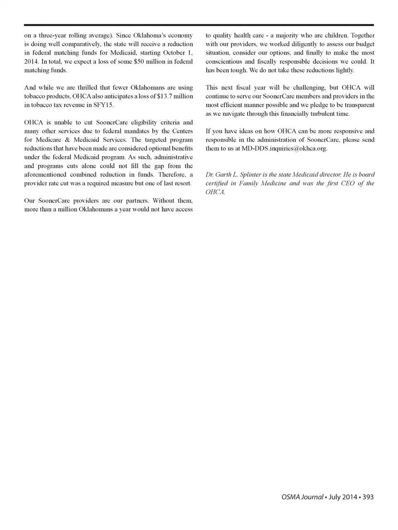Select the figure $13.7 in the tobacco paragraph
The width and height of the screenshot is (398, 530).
coord(165,96)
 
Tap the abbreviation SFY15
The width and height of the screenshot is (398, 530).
coord(103,105)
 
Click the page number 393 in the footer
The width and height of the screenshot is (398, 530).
coord(368,497)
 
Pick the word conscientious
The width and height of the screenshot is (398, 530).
coord(223,62)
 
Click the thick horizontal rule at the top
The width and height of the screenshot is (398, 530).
coord(199,25)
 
